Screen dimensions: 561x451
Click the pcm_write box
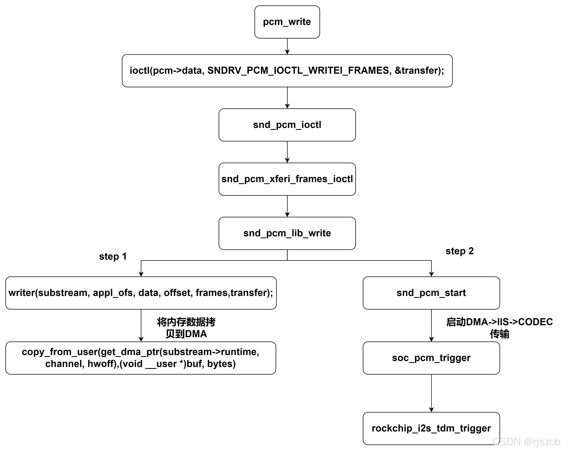click(287, 22)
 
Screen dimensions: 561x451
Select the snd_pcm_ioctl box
click(287, 125)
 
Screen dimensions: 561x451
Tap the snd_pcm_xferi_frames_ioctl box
click(287, 179)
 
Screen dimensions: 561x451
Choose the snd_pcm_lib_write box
click(287, 233)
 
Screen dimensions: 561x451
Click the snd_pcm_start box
click(431, 293)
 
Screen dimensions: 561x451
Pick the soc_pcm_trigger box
click(431, 358)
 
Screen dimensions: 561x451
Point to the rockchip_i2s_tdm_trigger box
click(431, 428)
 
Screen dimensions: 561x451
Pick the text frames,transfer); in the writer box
click(234, 293)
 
